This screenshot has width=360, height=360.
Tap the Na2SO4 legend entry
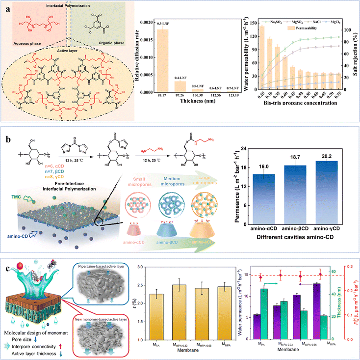coord(276,23)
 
